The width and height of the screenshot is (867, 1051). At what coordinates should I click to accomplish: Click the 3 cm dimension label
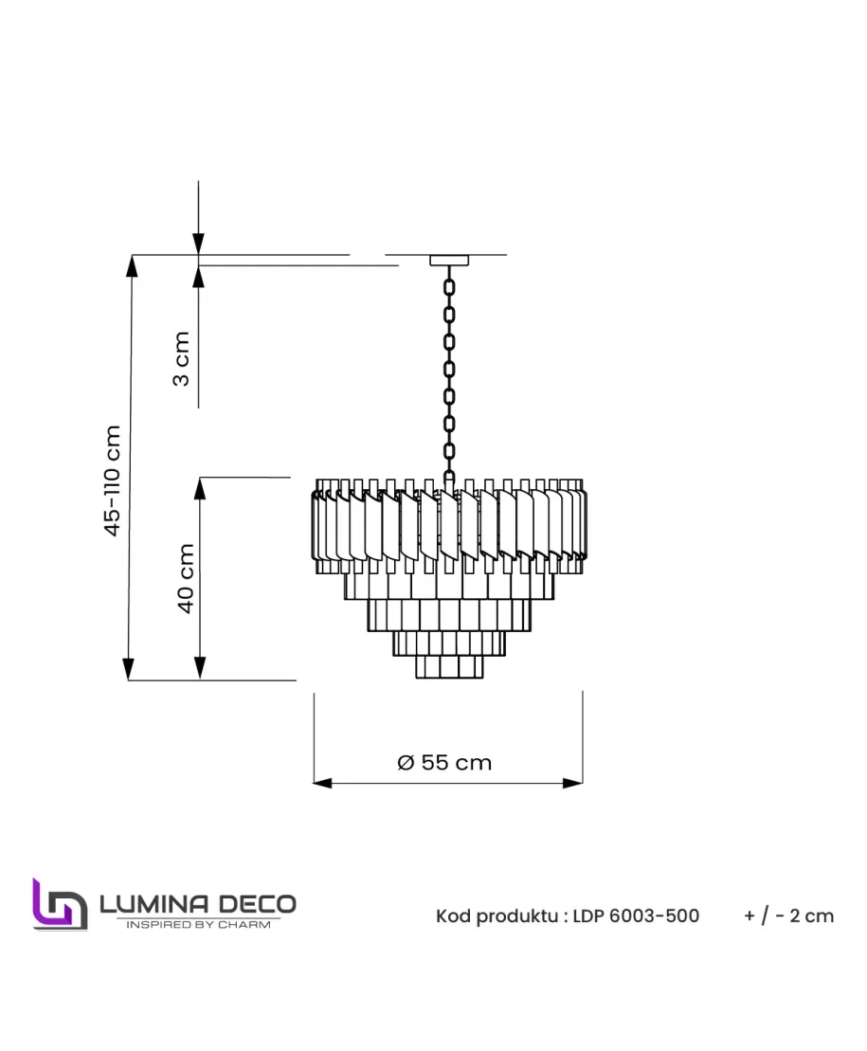coord(181,358)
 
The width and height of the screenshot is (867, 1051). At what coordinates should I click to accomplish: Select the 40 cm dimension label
coord(186,578)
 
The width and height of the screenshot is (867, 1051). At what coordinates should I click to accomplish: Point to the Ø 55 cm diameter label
coord(444,763)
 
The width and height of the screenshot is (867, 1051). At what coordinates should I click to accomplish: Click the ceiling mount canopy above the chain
coord(449,260)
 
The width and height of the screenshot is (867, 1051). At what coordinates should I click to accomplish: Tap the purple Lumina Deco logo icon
coord(60,904)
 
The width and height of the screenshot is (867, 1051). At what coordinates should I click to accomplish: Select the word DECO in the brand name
coord(258,904)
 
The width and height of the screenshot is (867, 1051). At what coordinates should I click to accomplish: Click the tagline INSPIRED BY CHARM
coord(198,924)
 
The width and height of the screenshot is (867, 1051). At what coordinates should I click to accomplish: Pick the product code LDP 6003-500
coord(636,915)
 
